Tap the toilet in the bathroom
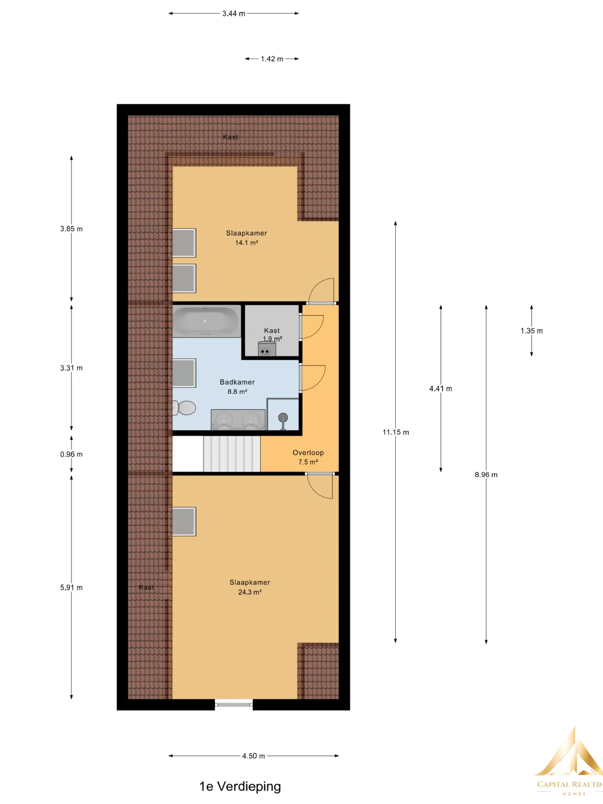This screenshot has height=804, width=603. point(184,408)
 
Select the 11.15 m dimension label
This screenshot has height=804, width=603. point(395,432)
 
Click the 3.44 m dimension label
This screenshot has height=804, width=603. point(234,14)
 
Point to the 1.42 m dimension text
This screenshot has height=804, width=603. point(272,59)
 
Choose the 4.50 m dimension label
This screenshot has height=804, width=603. point(254,756)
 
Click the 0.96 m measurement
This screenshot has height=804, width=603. point(71,454)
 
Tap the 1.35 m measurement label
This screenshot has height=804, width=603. point(531,331)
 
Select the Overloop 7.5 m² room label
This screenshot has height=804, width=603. point(308,457)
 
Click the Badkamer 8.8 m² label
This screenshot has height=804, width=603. point(237,387)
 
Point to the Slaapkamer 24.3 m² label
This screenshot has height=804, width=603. point(250,587)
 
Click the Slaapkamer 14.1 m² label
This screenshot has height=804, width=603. point(247,238)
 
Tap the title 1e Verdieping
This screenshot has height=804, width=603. point(240,786)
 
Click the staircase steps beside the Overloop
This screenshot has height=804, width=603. point(232,454)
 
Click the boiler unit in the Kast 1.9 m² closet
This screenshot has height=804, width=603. point(267,349)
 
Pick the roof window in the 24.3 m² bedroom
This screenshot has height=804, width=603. point(184,522)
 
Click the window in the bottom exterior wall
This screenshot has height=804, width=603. point(234,704)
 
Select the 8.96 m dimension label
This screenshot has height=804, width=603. point(486,475)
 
